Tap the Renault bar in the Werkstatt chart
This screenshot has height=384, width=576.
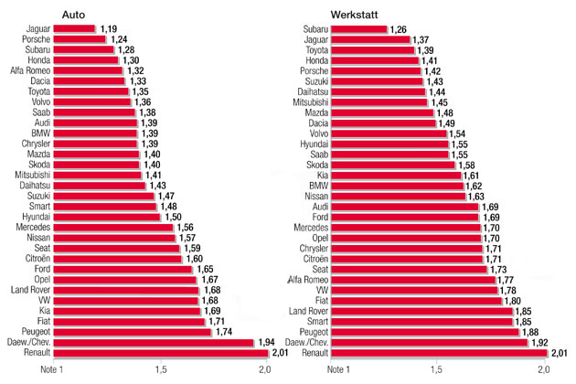tap(439, 352)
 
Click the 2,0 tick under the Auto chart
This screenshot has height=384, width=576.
tap(265, 369)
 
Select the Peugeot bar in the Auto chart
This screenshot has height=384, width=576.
tap(133, 331)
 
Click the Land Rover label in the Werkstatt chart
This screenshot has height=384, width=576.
tap(307, 313)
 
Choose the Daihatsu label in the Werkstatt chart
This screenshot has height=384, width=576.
tap(311, 92)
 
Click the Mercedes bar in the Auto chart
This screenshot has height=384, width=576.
tap(113, 226)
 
